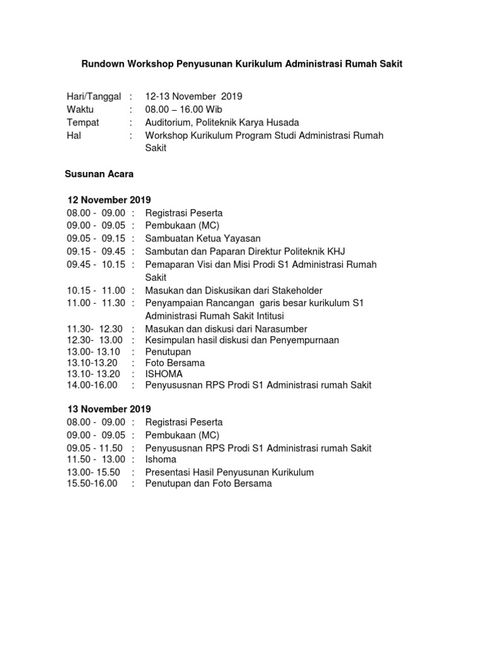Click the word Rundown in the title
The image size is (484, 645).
105,64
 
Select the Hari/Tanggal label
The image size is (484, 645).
93,96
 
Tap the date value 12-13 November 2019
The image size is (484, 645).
193,96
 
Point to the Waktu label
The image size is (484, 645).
81,110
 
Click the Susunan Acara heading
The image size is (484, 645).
98,174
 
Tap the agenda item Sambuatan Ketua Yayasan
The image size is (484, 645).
202,239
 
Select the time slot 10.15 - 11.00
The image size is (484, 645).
96,290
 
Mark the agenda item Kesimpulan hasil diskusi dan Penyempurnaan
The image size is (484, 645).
242,340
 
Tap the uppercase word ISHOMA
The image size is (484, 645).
164,374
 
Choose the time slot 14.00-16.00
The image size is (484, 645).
92,385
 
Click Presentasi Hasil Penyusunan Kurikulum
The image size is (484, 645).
229,472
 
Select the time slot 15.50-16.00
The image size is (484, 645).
92,484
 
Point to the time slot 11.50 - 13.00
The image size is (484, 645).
96,459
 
